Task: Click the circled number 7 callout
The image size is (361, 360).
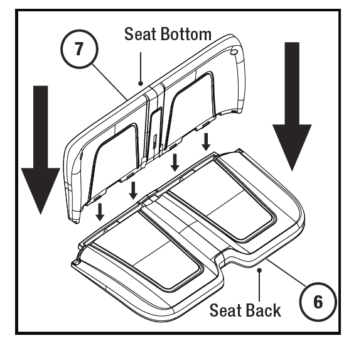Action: point(80,49)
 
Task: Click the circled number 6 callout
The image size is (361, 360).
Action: point(318,302)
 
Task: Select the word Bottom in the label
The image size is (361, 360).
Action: point(186,34)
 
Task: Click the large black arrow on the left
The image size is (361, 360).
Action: point(41,150)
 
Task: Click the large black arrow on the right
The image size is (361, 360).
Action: point(292,106)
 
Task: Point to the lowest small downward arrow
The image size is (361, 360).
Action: point(100,212)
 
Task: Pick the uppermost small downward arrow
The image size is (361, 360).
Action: point(206,142)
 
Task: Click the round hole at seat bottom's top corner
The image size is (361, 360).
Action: point(234,53)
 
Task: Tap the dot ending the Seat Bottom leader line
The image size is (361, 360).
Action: point(141,84)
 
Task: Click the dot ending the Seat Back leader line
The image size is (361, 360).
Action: point(259,270)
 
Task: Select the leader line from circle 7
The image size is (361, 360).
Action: point(110,83)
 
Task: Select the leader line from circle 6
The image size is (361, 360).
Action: point(286,272)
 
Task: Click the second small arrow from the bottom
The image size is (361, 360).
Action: point(133,190)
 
